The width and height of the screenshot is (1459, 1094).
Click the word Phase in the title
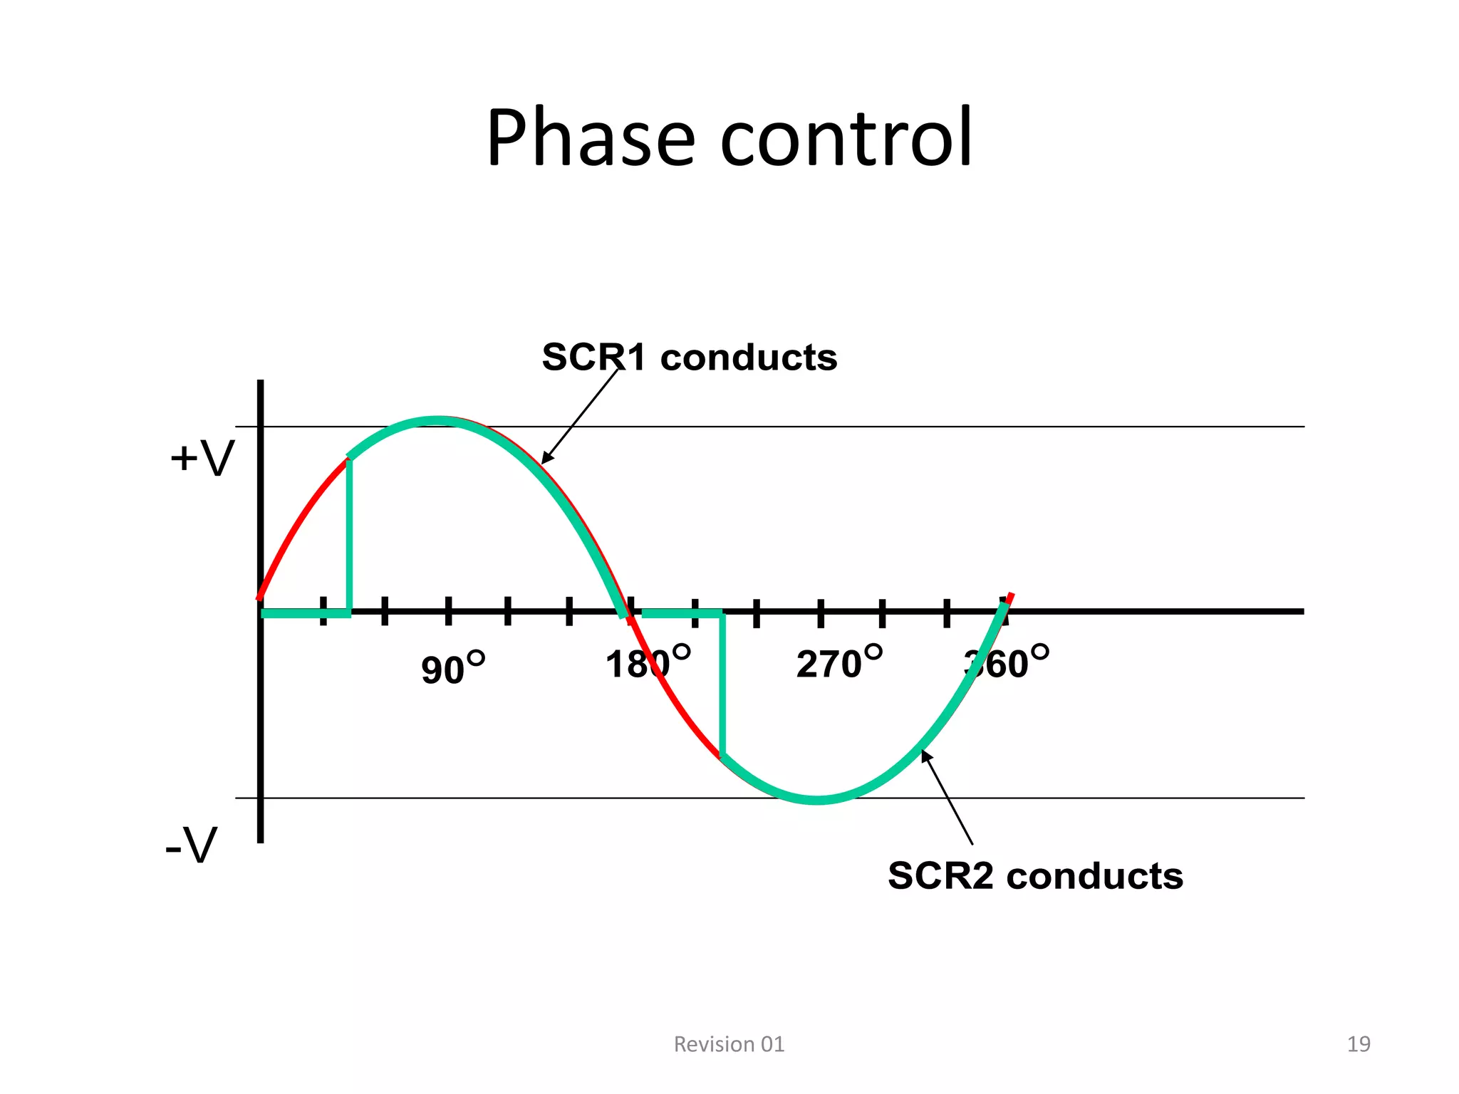590,138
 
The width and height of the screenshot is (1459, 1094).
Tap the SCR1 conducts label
689,358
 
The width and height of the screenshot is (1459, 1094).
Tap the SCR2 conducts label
1035,876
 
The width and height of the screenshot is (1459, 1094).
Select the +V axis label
202,458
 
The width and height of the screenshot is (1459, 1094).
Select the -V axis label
191,846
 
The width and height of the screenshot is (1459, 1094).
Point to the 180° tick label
647,662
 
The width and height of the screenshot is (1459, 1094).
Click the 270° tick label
838,662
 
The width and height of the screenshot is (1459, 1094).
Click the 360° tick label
1006,662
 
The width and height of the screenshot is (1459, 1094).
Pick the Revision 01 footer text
729,1044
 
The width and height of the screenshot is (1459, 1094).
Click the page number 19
1359,1044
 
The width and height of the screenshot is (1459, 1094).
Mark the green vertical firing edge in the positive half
349,534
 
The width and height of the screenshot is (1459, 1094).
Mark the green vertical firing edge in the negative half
722,684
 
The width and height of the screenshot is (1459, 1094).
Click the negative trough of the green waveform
819,800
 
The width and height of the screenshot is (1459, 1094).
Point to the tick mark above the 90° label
449,612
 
